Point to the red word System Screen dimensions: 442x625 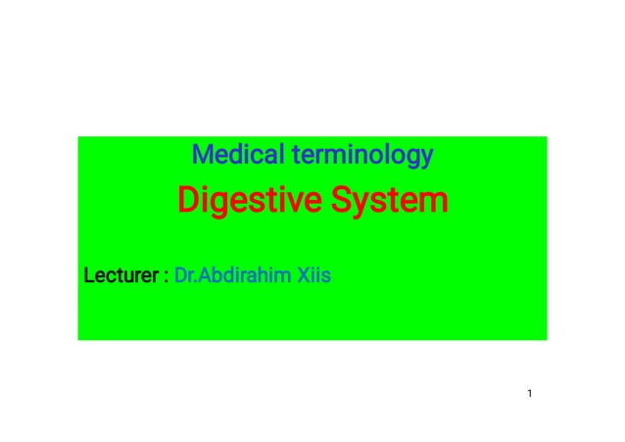click(x=389, y=202)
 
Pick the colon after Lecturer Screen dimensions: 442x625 click(x=165, y=277)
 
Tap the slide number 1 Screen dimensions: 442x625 click(x=529, y=394)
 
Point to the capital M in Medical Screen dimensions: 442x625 click(x=201, y=155)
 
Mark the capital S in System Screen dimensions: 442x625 click(x=340, y=202)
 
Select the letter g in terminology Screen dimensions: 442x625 click(x=412, y=159)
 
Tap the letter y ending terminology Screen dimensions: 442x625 click(x=426, y=159)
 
